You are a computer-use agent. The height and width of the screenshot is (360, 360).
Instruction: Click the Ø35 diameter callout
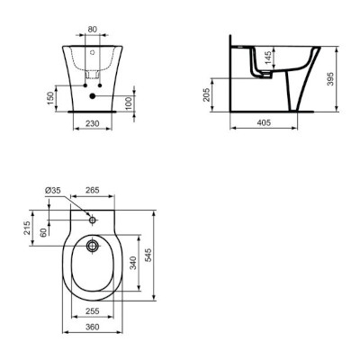coord(52,190)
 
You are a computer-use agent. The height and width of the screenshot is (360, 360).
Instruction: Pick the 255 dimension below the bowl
coord(92,310)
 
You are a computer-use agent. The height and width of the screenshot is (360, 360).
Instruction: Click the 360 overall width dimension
coord(92,327)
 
